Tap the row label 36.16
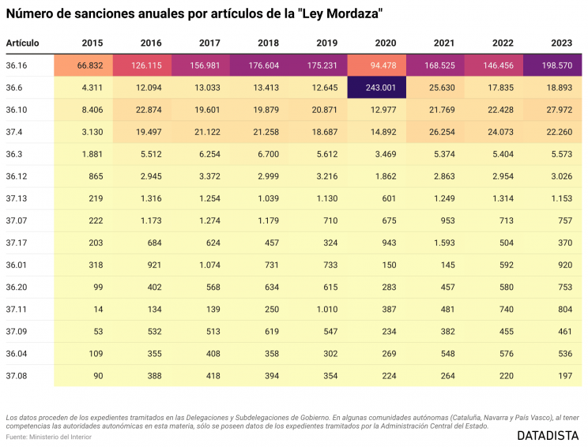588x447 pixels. point(16,66)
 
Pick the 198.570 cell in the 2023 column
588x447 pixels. point(553,66)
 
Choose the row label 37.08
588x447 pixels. point(16,376)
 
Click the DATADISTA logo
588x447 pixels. point(547,435)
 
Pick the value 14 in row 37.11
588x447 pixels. point(98,310)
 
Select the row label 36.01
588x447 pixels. point(16,265)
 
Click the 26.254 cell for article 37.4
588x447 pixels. point(440,132)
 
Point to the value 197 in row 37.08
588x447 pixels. point(563,376)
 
